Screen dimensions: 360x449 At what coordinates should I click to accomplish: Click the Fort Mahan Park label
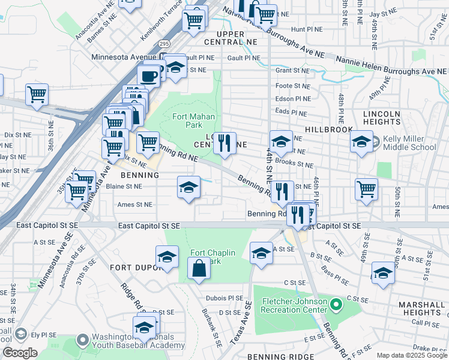click(194, 121)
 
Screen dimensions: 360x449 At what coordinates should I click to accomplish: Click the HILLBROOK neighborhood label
click(327, 130)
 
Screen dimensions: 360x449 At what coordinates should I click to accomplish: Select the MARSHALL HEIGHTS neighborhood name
click(421, 308)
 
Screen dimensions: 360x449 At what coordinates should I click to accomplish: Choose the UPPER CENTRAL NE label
click(230, 38)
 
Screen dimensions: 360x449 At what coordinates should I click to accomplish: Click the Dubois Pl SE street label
click(223, 298)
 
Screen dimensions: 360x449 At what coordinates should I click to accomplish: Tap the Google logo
click(20, 353)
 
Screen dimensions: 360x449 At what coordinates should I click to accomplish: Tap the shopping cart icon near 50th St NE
click(366, 190)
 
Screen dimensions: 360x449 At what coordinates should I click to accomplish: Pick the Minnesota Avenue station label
click(120, 58)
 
